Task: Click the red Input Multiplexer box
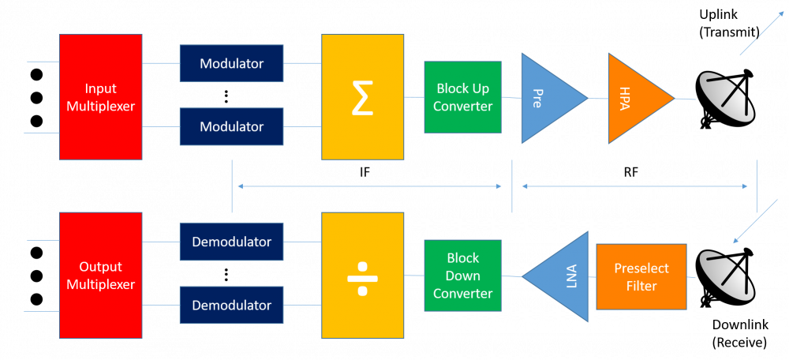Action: (101, 97)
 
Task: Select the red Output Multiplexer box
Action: (101, 275)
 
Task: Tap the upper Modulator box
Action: (231, 63)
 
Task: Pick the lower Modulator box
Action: (231, 126)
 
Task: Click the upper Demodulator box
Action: (231, 242)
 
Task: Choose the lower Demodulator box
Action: (231, 305)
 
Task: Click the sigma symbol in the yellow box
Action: (363, 97)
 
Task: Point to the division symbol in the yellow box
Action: (362, 276)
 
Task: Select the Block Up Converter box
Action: (463, 97)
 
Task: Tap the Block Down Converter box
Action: (463, 276)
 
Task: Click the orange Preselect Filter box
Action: (641, 276)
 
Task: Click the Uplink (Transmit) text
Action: (728, 22)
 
